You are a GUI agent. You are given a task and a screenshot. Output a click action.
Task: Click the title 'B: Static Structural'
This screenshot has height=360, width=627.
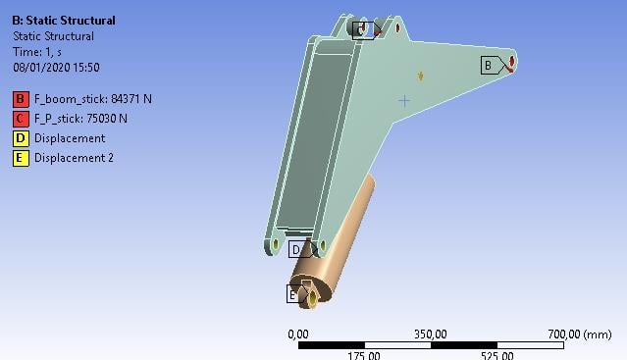(x=64, y=21)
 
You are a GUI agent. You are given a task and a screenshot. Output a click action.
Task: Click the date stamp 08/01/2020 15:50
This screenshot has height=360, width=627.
(x=56, y=67)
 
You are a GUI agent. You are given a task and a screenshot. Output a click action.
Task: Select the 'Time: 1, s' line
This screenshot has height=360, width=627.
(x=37, y=52)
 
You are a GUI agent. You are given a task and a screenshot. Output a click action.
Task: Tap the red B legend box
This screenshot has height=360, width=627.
(x=21, y=99)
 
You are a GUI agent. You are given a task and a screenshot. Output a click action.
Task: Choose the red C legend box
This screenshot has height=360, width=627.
(x=21, y=119)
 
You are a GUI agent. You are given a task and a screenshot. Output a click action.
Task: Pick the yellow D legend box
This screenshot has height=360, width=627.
(x=21, y=138)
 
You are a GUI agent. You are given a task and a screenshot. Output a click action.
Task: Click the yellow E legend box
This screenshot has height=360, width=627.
(x=21, y=158)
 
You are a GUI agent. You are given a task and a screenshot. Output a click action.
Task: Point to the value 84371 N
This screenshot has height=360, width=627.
(x=131, y=99)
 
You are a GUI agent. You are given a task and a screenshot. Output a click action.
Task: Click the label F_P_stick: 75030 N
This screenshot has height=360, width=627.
(x=80, y=119)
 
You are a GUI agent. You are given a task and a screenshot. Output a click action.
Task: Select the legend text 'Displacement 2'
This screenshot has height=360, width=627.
(x=74, y=158)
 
